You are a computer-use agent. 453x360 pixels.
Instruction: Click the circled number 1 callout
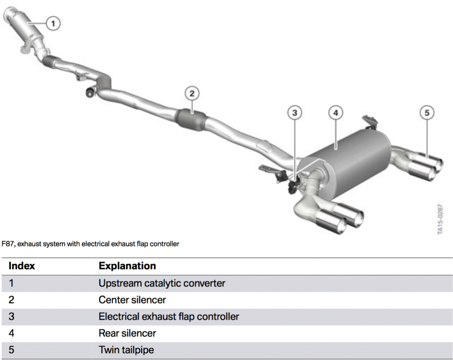tap(53, 23)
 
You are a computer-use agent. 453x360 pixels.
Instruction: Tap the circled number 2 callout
tap(192, 93)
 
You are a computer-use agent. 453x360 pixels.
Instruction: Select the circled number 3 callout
tap(295, 113)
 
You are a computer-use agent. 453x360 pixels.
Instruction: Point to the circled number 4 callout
tap(335, 113)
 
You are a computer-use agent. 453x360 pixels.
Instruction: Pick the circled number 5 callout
tap(426, 113)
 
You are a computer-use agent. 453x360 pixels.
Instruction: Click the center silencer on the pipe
tap(192, 119)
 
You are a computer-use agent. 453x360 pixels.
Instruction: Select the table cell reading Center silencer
tap(132, 300)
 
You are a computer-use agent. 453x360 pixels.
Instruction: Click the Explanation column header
tap(127, 266)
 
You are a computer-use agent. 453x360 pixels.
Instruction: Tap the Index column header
tap(22, 266)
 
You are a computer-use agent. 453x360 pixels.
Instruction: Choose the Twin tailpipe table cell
tap(126, 350)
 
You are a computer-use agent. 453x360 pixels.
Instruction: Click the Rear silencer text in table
tap(127, 333)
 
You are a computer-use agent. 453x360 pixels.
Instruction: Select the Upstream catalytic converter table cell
tap(162, 283)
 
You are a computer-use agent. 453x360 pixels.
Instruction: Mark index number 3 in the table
tap(12, 317)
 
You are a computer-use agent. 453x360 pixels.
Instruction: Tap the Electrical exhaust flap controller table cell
tap(169, 317)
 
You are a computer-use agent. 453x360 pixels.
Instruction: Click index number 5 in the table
tap(12, 350)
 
